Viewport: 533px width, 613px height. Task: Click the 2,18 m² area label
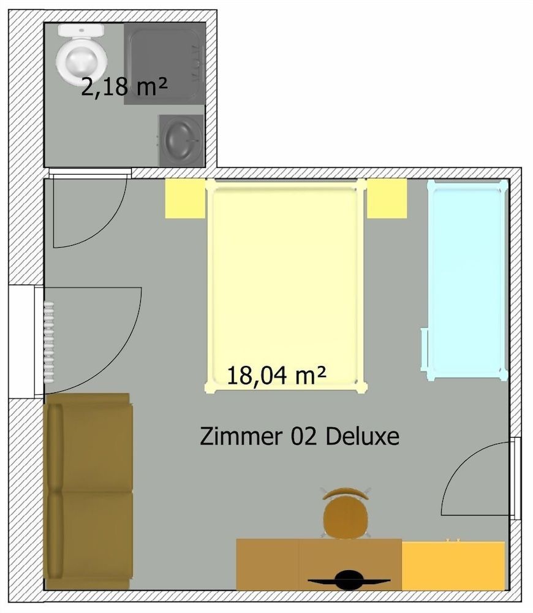pos(124,88)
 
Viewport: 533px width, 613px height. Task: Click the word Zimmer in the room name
pos(235,436)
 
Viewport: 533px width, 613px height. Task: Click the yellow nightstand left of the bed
pos(184,198)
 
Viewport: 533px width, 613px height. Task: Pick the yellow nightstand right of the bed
pos(387,198)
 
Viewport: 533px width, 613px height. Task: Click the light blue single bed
pos(466,276)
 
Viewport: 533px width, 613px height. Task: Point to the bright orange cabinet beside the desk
pos(453,565)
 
